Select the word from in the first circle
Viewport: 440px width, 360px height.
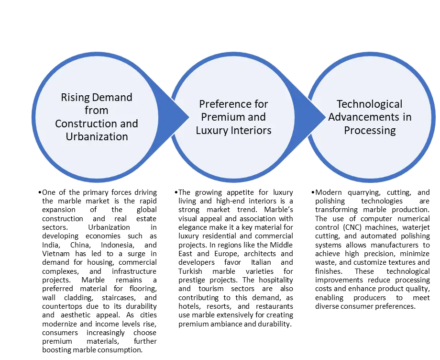pos(97,111)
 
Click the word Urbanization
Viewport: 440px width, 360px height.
pos(97,136)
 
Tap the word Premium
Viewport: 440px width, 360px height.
pos(221,117)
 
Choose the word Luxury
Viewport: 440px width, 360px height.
pos(212,130)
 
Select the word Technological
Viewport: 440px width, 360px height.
pos(370,104)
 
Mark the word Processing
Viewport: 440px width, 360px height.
pos(370,130)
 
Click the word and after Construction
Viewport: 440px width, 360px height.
pos(129,124)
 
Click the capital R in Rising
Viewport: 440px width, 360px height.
pos(64,98)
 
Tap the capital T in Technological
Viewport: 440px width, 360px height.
pos(339,104)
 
